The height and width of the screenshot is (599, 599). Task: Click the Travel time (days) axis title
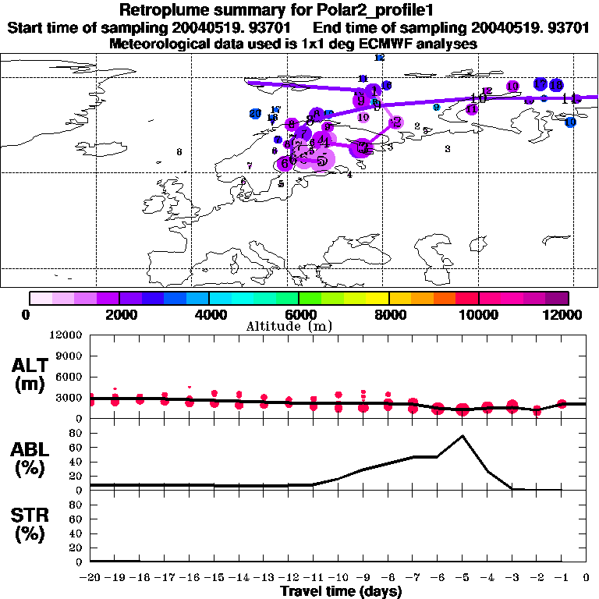[341, 592]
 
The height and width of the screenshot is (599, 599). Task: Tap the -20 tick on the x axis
[90, 578]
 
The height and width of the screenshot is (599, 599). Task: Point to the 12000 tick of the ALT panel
[66, 335]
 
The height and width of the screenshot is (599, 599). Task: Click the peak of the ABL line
[463, 435]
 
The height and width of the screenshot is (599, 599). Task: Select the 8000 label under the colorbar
[388, 314]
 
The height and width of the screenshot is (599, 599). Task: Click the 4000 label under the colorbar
[209, 314]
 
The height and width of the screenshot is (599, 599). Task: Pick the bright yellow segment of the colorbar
[377, 297]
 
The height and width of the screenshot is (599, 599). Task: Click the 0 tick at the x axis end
[586, 578]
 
